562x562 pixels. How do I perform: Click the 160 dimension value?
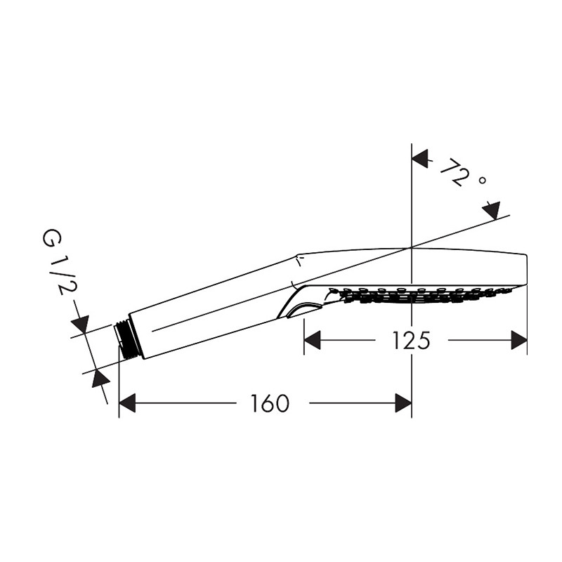pos(269,403)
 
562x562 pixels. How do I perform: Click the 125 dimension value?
pos(411,340)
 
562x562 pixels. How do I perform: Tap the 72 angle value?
pos(453,172)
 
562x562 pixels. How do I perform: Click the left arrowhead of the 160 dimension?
pos(127,403)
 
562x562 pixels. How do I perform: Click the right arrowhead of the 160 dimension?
pos(403,403)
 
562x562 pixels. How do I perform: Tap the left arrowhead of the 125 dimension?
pos(312,340)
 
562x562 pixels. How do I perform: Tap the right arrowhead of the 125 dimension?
pos(519,340)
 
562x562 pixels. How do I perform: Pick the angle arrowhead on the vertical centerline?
pos(420,159)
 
